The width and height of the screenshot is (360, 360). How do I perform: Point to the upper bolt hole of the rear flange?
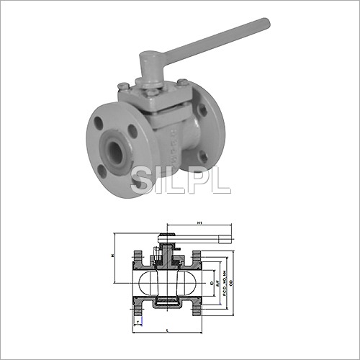(203, 111)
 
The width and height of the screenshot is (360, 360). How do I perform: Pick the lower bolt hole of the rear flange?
(204, 158)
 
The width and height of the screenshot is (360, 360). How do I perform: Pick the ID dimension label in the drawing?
(211, 275)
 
